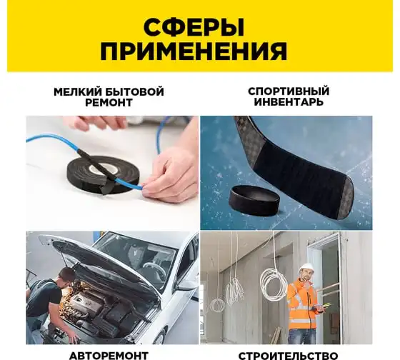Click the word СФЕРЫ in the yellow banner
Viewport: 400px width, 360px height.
pyautogui.click(x=194, y=27)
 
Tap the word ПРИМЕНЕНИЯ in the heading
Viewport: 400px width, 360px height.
pyautogui.click(x=194, y=51)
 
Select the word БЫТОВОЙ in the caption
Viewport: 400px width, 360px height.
pyautogui.click(x=134, y=92)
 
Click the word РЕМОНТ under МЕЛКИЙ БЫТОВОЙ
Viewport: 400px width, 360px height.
pyautogui.click(x=109, y=103)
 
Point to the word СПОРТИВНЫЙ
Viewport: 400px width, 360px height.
pyautogui.click(x=289, y=91)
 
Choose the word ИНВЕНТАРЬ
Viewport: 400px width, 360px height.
pyautogui.click(x=289, y=102)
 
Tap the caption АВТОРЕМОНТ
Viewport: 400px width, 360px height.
pyautogui.click(x=109, y=356)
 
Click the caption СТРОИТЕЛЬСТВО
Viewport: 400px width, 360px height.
pyautogui.click(x=289, y=356)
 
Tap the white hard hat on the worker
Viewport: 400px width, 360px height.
pyautogui.click(x=306, y=268)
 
